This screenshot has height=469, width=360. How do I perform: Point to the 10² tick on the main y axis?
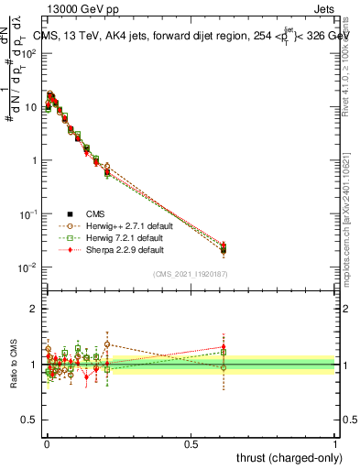[x=29, y=53]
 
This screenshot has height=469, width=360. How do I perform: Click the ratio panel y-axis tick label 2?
[x=34, y=309]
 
